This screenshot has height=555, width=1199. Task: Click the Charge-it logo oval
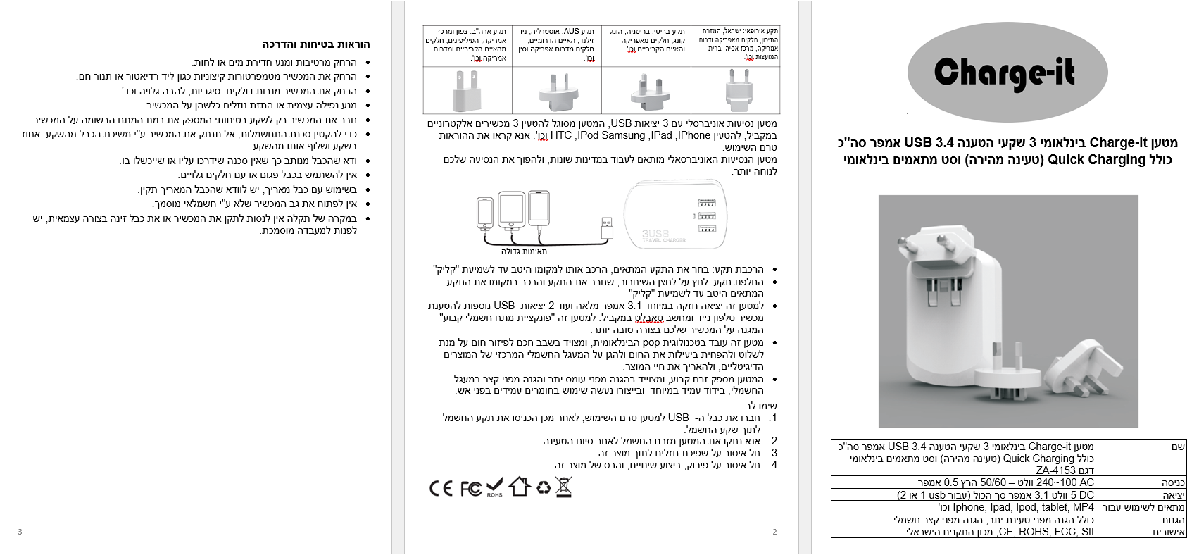tap(1005, 73)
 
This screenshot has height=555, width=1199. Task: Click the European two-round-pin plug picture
tap(735, 90)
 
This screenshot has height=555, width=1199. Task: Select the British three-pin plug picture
tap(646, 92)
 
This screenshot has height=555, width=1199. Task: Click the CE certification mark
tap(441, 488)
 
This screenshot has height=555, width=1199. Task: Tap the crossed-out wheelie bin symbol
tap(563, 487)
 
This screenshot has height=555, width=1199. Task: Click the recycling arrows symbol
tap(544, 487)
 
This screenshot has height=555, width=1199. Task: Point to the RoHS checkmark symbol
tap(495, 487)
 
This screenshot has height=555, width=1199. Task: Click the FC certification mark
tap(471, 488)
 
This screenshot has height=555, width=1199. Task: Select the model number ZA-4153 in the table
tap(1055, 470)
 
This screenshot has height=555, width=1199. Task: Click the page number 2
tap(774, 532)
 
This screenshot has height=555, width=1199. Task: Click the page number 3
tap(20, 532)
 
